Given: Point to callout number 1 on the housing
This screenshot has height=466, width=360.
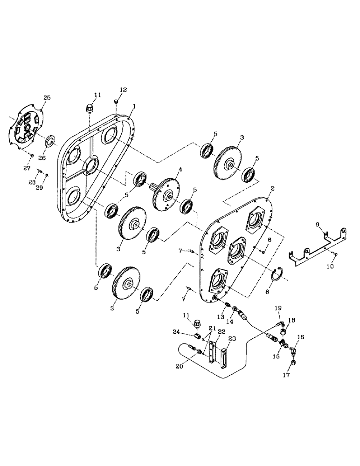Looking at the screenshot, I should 134,106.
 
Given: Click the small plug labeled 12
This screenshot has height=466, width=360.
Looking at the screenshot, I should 118,102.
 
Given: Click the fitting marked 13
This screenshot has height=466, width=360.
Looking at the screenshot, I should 227,305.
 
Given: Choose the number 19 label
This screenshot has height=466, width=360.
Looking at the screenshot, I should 277,308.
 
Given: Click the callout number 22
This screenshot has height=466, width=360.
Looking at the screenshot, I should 221,331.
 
